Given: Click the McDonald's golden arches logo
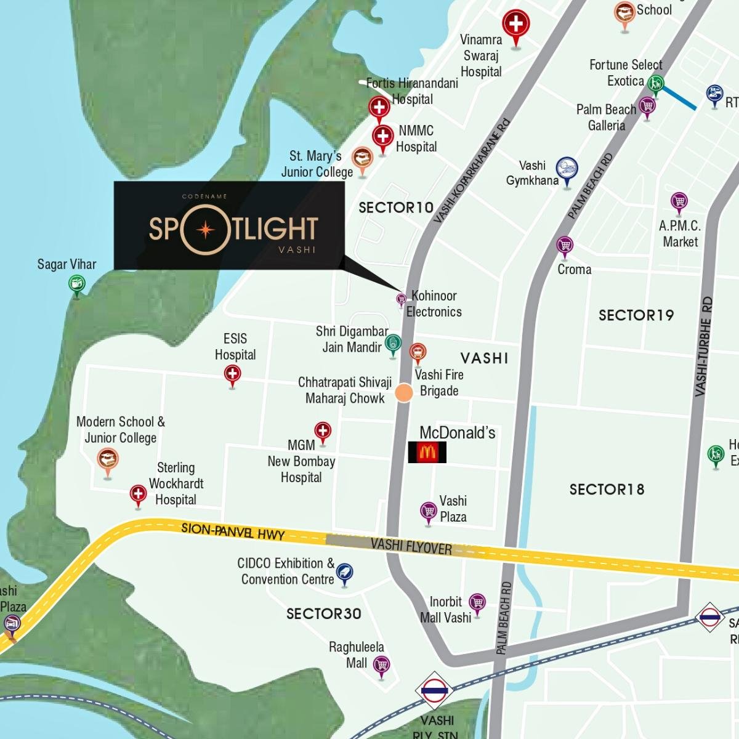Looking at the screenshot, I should (x=427, y=453).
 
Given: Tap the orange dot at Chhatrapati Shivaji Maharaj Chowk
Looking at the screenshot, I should (x=404, y=393).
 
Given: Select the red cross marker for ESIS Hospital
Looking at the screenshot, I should (x=232, y=374).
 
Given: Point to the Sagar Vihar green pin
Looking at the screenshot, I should (x=77, y=285).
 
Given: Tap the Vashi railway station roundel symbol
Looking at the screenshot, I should (x=435, y=690).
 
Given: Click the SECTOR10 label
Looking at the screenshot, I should (x=396, y=208).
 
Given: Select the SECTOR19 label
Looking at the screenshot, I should (x=636, y=315).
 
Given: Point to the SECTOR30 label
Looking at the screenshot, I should (x=324, y=613).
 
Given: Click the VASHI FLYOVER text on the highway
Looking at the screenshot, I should (x=411, y=546).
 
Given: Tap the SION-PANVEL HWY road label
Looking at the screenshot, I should (x=233, y=532).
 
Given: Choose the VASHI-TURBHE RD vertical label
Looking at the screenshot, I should (x=703, y=346).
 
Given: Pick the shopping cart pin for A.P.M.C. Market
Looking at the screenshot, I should (x=679, y=202).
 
